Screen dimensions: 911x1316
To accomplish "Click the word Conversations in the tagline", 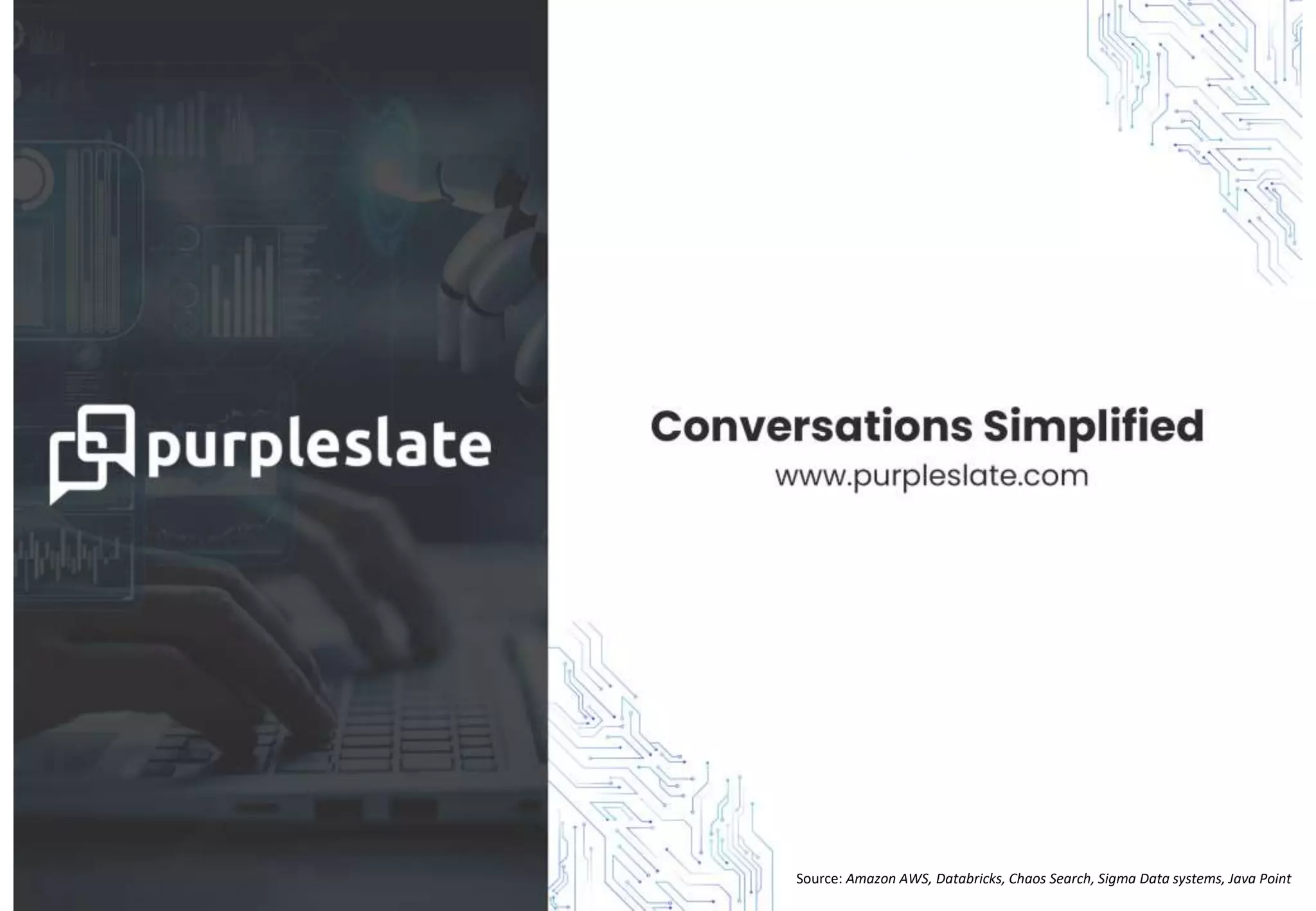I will coord(811,427).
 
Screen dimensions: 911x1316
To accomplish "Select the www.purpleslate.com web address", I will coord(931,477).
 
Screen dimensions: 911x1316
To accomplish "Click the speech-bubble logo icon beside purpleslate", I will coord(91,453).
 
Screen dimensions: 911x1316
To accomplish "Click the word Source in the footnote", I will coord(818,879).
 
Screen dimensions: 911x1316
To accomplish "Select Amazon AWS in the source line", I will coord(887,879).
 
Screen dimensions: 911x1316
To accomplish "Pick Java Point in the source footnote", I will coord(1259,879).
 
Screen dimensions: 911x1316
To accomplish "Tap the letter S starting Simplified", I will coord(998,427).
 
